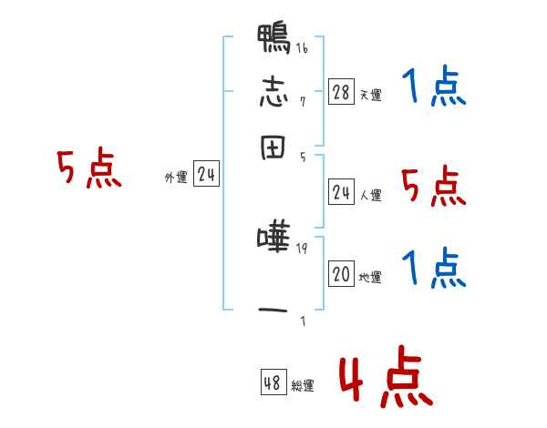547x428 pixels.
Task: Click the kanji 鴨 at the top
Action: click(x=273, y=39)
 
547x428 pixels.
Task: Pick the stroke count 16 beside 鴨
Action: click(x=301, y=48)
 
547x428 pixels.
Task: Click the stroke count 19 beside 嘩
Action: click(x=301, y=248)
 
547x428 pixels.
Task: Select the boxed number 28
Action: click(x=341, y=92)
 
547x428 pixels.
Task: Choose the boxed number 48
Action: click(x=273, y=383)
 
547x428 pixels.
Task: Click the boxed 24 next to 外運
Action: click(x=206, y=176)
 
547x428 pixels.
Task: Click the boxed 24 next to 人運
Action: click(x=341, y=192)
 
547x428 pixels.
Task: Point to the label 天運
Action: click(x=370, y=95)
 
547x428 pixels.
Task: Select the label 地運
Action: click(x=370, y=278)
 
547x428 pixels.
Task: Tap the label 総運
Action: click(x=302, y=386)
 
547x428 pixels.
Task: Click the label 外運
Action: click(x=176, y=178)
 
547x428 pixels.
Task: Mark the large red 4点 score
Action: click(x=384, y=381)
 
